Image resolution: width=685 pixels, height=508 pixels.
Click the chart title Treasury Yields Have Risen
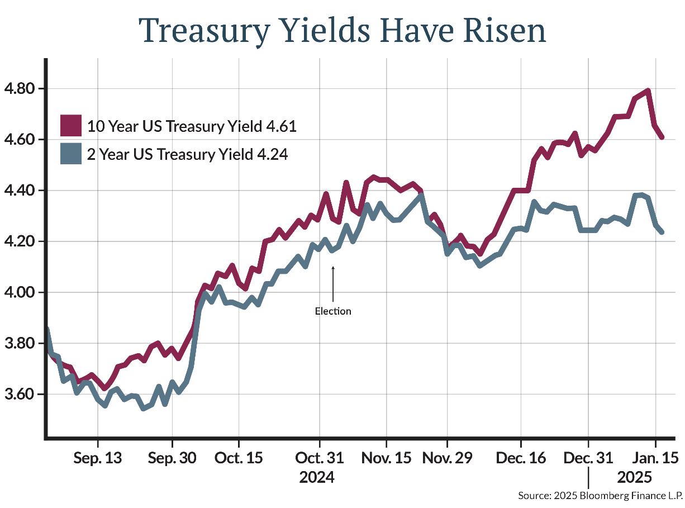pos(342,30)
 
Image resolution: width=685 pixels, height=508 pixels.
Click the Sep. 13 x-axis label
pos(98,458)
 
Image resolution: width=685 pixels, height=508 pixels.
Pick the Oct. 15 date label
pos(239,458)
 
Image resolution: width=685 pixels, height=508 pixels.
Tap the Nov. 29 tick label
pos(447,458)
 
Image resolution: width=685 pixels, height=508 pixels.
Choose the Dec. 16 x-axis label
pos(520,458)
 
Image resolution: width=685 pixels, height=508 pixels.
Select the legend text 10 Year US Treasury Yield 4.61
pos(192,126)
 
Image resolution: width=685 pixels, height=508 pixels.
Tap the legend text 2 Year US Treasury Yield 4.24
pos(188,154)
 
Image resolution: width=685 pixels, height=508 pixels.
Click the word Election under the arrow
pos(333,311)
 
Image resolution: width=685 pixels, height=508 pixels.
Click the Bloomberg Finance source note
pos(600,496)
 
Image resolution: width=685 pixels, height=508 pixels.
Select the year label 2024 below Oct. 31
pos(317,478)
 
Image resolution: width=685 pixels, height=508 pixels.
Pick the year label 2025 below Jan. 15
pos(635,478)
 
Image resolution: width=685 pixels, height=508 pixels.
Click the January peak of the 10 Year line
pos(648,91)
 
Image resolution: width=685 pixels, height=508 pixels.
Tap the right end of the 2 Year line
pos(662,232)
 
